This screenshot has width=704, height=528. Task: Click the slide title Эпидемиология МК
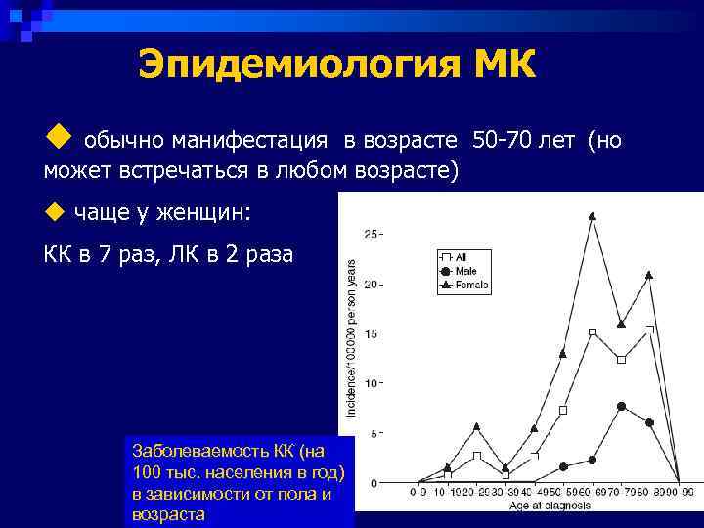pos(337,66)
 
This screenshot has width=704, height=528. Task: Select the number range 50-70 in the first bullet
pos(503,141)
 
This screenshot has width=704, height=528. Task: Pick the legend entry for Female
pos(463,284)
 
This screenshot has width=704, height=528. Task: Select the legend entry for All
pos(455,256)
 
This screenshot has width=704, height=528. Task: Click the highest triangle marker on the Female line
pos(593,216)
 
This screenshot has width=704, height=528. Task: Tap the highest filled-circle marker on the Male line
pos(621,406)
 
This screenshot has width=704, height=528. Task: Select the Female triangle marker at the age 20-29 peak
pos(476,426)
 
